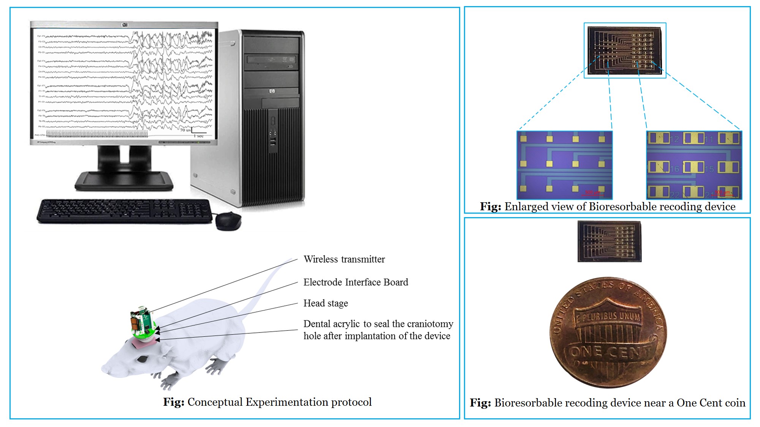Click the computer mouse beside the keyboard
(228, 221)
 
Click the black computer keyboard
(125, 211)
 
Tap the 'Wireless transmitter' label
(344, 259)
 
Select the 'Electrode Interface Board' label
(356, 282)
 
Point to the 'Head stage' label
(326, 303)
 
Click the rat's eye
(142, 358)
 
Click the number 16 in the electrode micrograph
(674, 169)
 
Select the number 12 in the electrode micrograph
(674, 139)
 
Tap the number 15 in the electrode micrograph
(709, 169)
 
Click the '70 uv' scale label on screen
(185, 130)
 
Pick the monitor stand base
(124, 181)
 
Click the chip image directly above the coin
(609, 242)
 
